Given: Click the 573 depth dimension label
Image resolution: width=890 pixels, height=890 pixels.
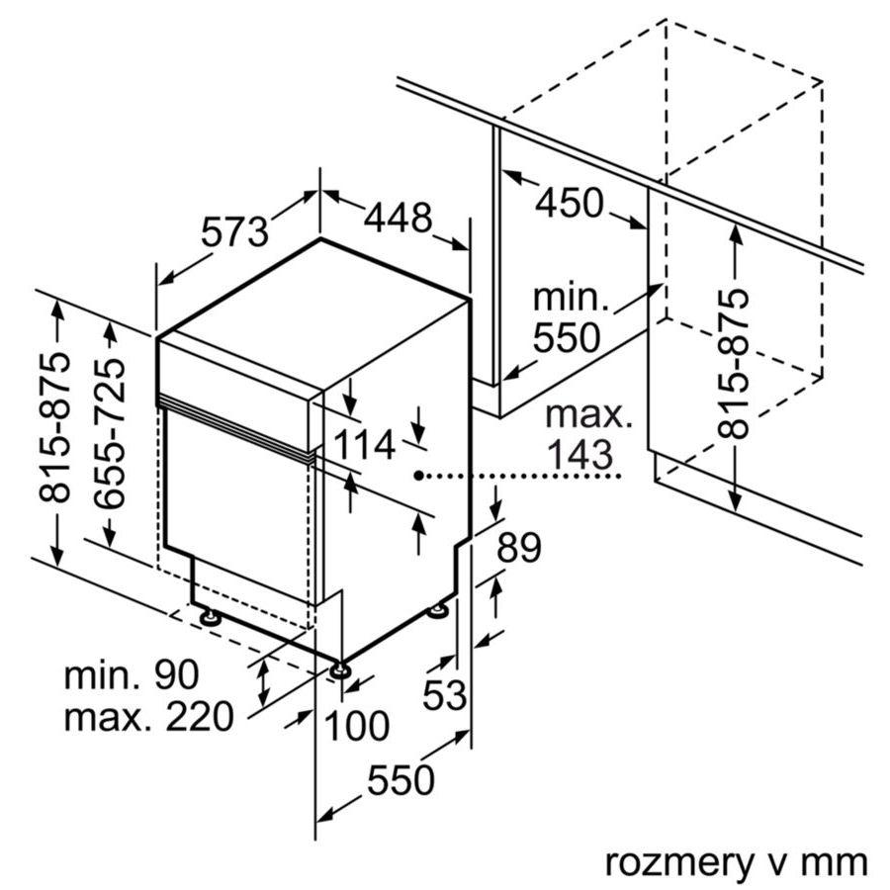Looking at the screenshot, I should click(x=235, y=231).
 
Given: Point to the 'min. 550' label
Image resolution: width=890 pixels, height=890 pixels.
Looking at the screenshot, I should click(x=567, y=317).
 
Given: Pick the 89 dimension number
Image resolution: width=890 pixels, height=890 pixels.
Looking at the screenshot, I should click(x=518, y=548).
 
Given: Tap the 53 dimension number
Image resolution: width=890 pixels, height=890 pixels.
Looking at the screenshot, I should click(x=444, y=695).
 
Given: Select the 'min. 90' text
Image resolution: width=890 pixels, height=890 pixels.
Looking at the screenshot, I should click(x=132, y=675).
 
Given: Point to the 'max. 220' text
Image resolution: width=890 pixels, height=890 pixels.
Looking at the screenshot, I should click(x=148, y=716).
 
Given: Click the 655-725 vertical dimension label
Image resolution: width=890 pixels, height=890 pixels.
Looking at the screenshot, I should click(x=111, y=434).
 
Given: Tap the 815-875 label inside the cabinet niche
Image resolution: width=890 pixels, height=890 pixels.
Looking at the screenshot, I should click(x=734, y=363).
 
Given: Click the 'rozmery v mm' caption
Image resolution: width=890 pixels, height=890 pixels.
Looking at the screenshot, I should click(x=736, y=861).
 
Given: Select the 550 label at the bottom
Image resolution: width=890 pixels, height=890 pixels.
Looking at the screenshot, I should click(x=400, y=780).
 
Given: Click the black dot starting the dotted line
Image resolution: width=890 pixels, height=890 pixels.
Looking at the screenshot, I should click(x=419, y=476).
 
